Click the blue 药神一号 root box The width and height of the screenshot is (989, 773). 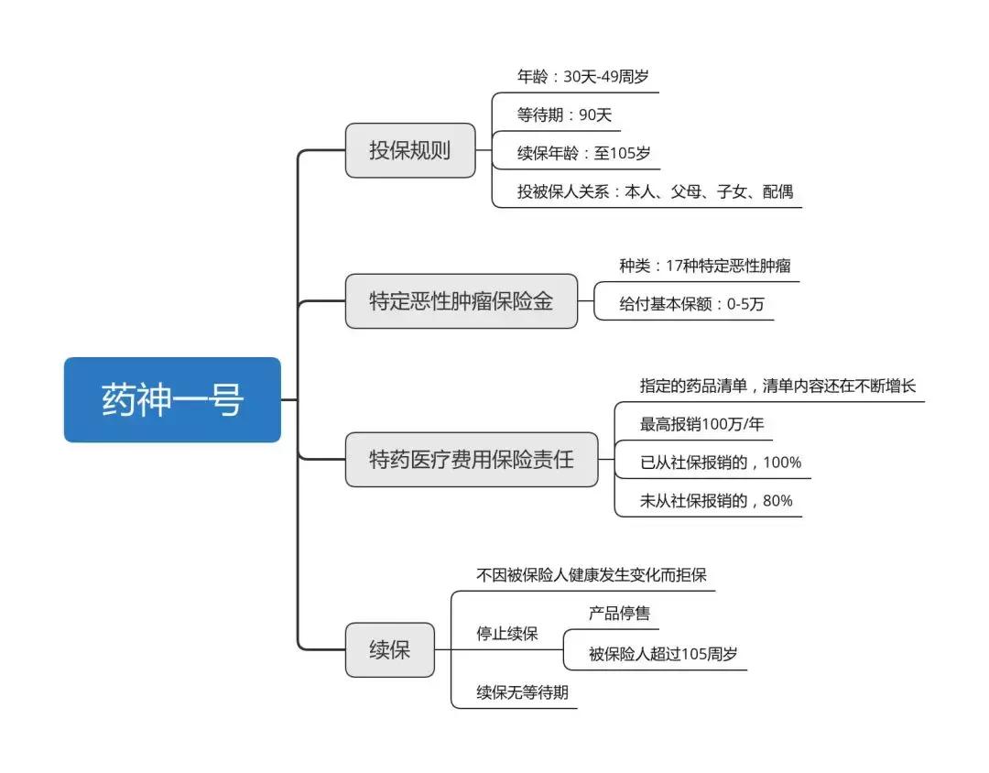point(172,399)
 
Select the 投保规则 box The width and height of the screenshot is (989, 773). point(410,150)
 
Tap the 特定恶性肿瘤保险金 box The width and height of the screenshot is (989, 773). point(462,300)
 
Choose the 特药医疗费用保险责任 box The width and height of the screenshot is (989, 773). point(471,459)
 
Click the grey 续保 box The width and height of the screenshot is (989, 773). point(389,650)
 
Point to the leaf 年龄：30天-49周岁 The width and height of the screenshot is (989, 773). point(582,77)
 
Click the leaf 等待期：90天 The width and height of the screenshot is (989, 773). point(564,115)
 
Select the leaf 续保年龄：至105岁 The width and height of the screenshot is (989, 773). point(583,153)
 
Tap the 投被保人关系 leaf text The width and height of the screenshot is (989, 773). point(655,191)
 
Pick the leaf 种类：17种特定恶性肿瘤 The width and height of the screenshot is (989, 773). point(704,266)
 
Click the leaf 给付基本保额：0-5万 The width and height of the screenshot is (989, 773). point(690,304)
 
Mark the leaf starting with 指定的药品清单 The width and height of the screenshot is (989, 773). point(777,386)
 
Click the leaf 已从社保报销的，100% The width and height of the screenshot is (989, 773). point(720,463)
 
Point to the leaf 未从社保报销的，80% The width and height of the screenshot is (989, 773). point(716,501)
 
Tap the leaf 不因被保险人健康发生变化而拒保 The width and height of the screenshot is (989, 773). point(591,575)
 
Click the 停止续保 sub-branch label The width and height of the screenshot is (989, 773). point(506,634)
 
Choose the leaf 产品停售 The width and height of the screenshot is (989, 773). point(619,613)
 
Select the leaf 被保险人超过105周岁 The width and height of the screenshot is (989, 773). point(663,655)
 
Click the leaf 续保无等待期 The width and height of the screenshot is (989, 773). point(522,692)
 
